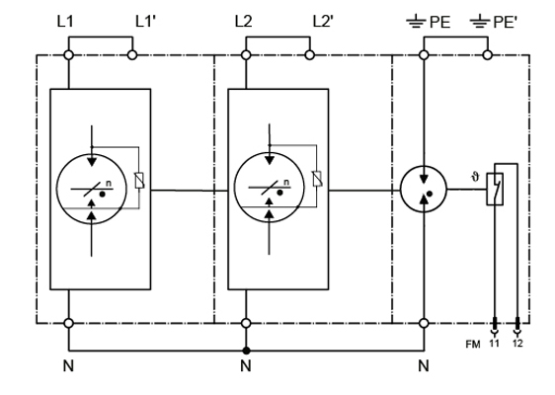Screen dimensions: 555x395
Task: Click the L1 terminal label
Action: (65, 22)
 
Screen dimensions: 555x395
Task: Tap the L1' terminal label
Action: (145, 22)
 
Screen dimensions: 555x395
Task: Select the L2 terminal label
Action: (244, 22)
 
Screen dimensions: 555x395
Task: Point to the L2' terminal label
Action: (323, 22)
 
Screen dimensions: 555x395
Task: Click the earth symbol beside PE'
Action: (480, 22)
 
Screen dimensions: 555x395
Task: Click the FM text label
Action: (473, 344)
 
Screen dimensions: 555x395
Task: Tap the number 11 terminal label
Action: (494, 344)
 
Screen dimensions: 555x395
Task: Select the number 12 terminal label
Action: (517, 344)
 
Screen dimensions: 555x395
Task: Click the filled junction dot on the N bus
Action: (246, 351)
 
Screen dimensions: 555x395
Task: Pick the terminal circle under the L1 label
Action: (69, 55)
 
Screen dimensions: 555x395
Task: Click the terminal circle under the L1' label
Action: (132, 55)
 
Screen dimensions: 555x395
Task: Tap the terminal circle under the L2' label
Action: (310, 55)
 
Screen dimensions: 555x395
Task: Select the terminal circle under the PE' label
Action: (488, 55)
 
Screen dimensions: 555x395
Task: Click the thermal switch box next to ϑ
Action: (495, 189)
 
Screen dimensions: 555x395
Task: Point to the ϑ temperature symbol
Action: (475, 177)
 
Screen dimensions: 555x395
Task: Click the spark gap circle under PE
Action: (424, 190)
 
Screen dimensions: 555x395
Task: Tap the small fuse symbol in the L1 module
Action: (139, 180)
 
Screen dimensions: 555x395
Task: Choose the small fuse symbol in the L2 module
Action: (317, 179)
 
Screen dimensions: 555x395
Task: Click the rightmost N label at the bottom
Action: (424, 365)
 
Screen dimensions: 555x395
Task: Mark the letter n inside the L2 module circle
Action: (286, 183)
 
